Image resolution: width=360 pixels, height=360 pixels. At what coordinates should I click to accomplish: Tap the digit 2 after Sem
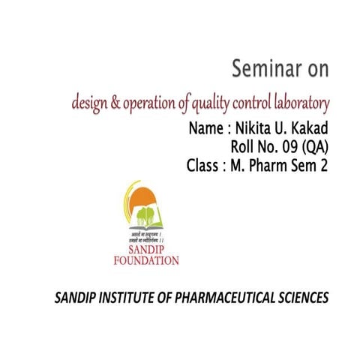(324, 166)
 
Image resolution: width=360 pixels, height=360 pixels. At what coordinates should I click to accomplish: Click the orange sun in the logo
(145, 198)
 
